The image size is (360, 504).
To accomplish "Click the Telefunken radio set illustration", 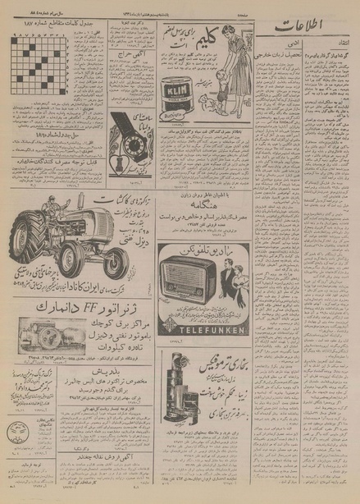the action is tap(193, 284).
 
